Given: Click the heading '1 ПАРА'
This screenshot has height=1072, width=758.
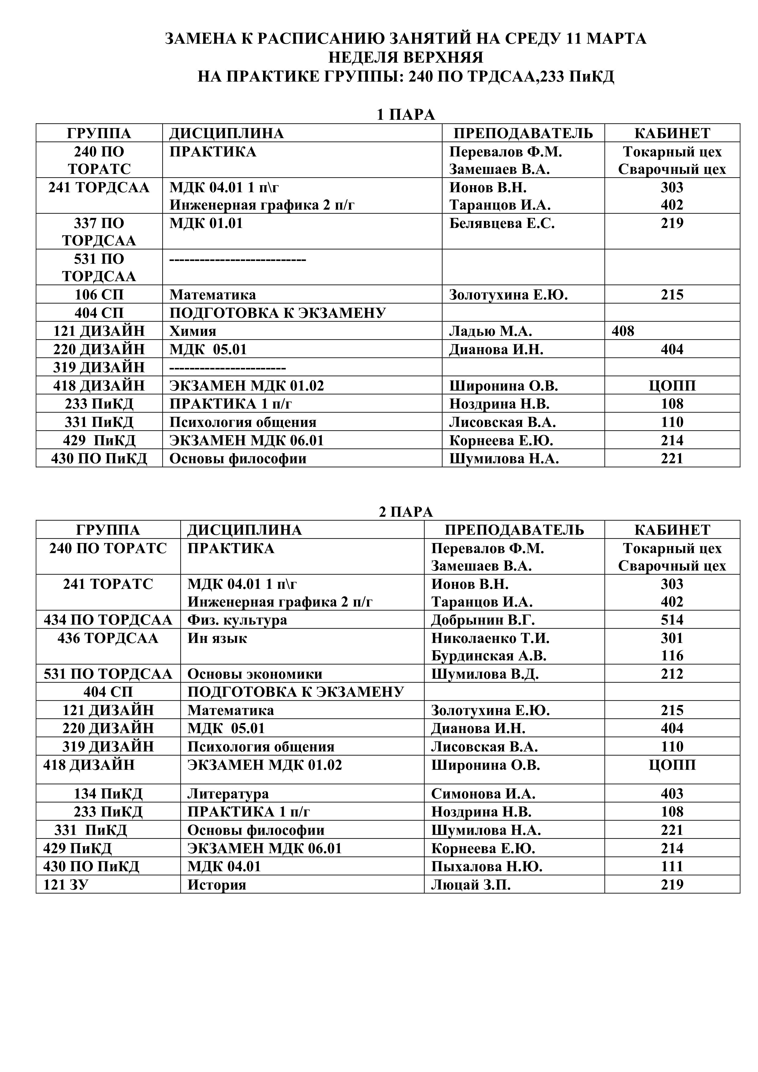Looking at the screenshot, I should pos(406,115).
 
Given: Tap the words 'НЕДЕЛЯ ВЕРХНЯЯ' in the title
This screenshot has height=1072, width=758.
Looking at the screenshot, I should pos(406,57).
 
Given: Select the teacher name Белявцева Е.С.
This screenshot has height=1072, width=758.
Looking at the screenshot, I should pos(502,223).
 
